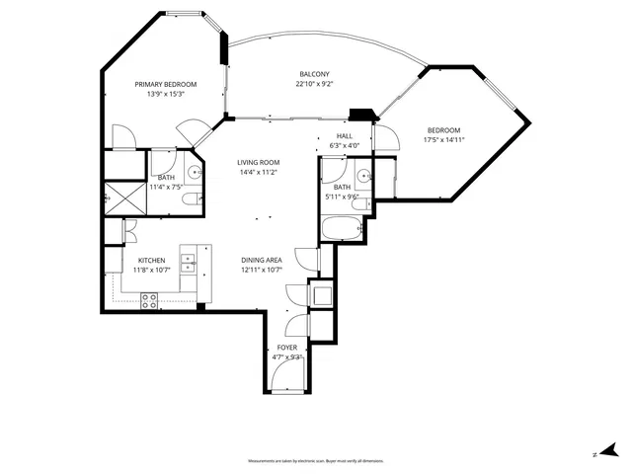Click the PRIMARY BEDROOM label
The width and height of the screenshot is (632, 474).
(166, 85)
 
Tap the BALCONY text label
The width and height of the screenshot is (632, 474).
(316, 74)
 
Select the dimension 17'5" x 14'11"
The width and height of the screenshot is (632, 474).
(443, 139)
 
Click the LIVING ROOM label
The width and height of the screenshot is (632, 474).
(258, 162)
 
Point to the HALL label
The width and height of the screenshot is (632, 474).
(344, 136)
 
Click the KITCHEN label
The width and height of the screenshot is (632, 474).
(151, 260)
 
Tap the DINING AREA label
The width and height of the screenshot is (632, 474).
(262, 260)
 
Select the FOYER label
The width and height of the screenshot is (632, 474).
(286, 348)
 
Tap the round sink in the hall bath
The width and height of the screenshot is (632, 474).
(364, 176)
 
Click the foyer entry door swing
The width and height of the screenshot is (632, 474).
(289, 376)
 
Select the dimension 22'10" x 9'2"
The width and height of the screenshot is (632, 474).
(316, 84)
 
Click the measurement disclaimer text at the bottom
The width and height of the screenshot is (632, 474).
(316, 461)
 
